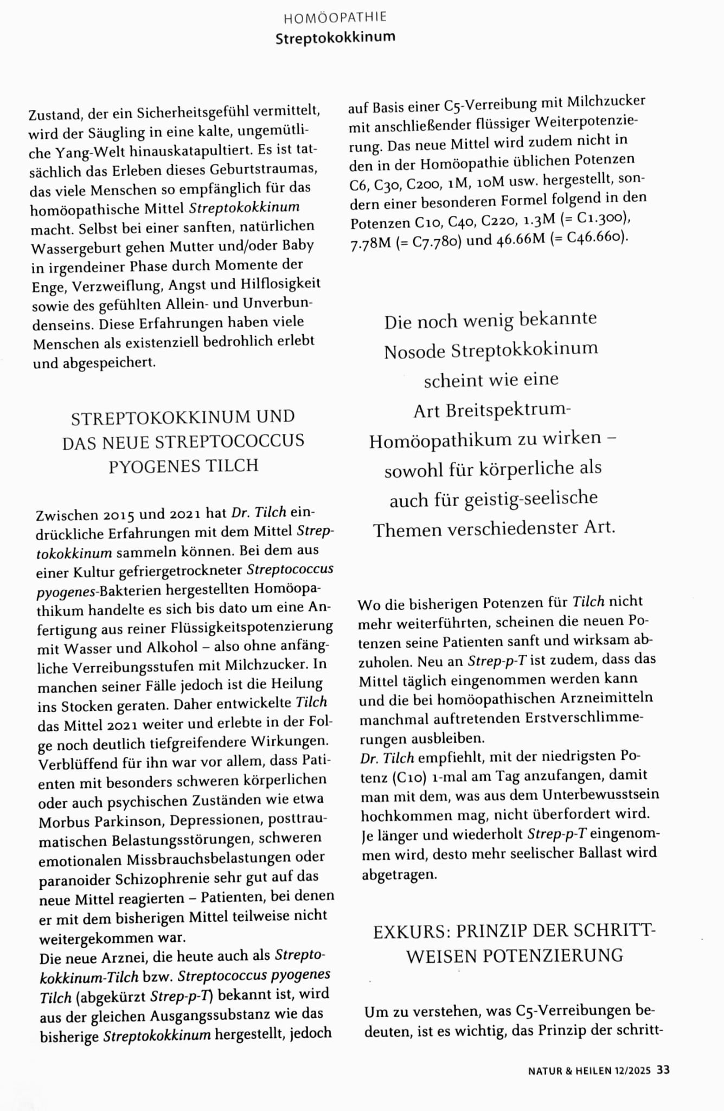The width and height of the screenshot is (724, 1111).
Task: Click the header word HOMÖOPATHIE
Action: (335, 18)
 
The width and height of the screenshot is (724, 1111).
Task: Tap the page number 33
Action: (663, 1070)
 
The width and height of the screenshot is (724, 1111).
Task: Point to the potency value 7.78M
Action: (370, 243)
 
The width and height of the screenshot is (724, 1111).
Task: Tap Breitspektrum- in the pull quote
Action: (508, 410)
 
